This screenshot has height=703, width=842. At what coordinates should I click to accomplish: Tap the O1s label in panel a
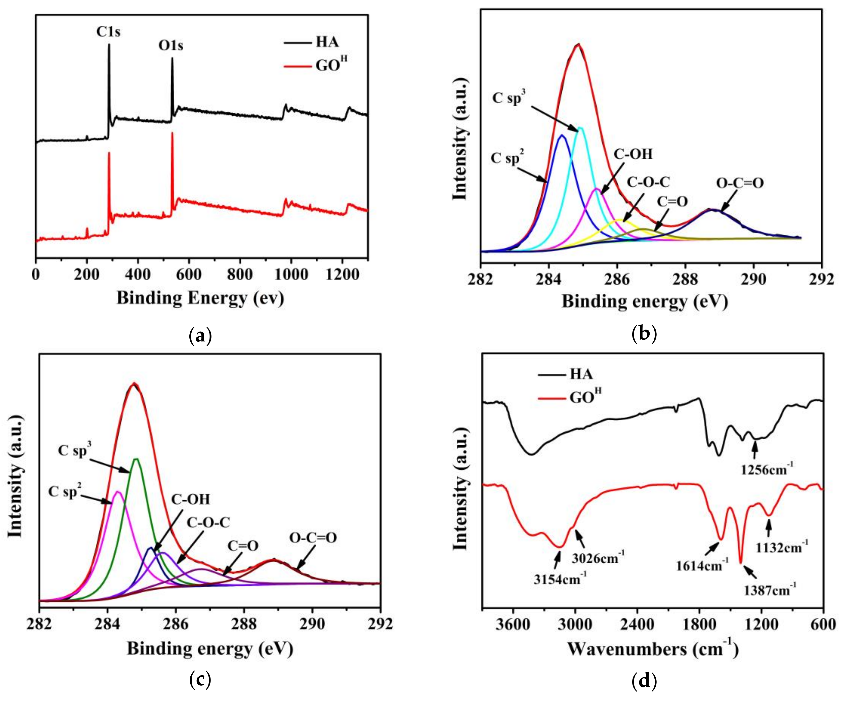[x=171, y=46]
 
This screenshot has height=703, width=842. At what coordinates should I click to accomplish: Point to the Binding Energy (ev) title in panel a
[x=200, y=298]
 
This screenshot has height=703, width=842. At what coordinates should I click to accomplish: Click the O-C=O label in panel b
[x=740, y=183]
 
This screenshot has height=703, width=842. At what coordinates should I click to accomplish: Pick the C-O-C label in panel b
[x=648, y=182]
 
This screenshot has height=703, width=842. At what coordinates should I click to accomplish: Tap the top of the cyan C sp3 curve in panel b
[x=580, y=128]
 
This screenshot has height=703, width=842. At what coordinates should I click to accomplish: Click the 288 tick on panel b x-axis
[x=686, y=279]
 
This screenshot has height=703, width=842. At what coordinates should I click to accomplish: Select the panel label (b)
[x=644, y=333]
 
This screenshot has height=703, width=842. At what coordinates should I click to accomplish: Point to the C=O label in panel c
[x=243, y=546]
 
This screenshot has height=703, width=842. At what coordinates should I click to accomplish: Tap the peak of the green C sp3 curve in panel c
[x=136, y=459]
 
